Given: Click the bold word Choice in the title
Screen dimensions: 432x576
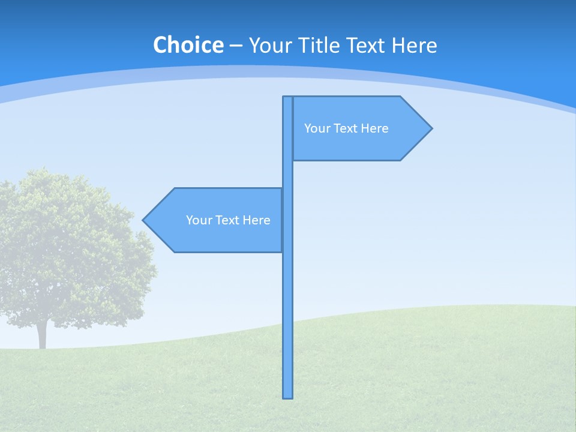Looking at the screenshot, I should tap(188, 46).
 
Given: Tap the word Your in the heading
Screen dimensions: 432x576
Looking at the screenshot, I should tap(269, 46).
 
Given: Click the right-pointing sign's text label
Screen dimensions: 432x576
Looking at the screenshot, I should tap(346, 128).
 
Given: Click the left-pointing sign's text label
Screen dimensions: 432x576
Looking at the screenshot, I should tap(228, 220).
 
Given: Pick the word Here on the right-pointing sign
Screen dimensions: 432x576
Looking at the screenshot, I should tap(375, 128).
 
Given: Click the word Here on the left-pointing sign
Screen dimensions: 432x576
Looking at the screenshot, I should tap(257, 220).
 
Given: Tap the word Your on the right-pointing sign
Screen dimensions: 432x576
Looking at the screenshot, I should tap(317, 128).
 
